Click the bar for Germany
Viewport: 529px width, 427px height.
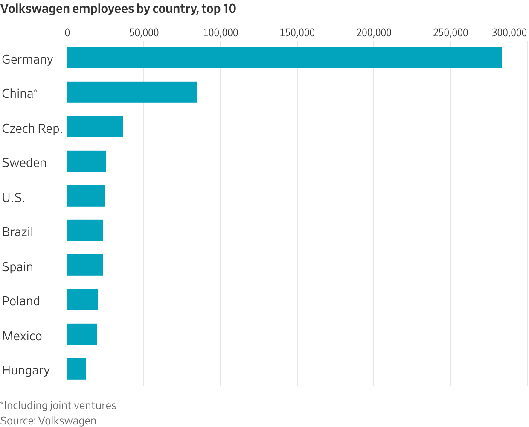tap(285, 58)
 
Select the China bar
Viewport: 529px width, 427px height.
tap(132, 92)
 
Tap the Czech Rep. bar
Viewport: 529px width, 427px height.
tap(95, 127)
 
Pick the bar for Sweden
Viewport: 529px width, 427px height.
tap(87, 161)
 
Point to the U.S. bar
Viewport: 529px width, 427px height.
tap(86, 196)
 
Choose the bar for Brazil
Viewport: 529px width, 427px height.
tap(85, 230)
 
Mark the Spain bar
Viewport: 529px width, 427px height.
tap(85, 265)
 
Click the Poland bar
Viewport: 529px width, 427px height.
tap(82, 299)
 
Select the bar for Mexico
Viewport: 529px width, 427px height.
tap(82, 334)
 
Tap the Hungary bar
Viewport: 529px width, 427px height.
tap(76, 369)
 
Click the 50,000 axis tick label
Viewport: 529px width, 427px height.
tap(144, 33)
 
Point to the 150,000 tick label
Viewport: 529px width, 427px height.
tap(297, 33)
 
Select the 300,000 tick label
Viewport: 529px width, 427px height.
tap(509, 33)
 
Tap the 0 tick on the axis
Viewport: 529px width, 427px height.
tap(67, 33)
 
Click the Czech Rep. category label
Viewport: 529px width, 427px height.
tap(32, 129)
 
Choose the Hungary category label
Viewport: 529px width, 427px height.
tap(26, 371)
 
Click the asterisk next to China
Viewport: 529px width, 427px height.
tap(35, 91)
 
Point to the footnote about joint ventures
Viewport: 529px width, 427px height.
tap(58, 405)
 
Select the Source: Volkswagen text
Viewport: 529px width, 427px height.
tap(48, 421)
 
